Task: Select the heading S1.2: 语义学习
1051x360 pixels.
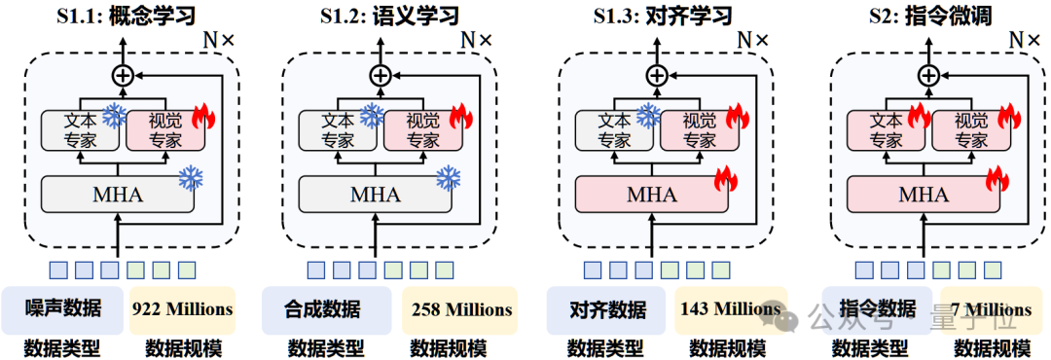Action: (389, 17)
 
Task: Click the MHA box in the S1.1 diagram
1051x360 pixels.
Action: (117, 195)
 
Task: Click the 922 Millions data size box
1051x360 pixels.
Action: (182, 309)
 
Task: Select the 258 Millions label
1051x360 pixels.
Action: (459, 310)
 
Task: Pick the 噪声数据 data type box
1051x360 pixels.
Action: (63, 309)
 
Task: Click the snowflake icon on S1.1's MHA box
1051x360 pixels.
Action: (191, 178)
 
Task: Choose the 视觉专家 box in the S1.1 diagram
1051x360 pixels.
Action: (164, 130)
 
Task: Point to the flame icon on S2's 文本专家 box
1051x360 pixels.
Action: (919, 118)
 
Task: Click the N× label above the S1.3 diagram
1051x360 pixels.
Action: (751, 40)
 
